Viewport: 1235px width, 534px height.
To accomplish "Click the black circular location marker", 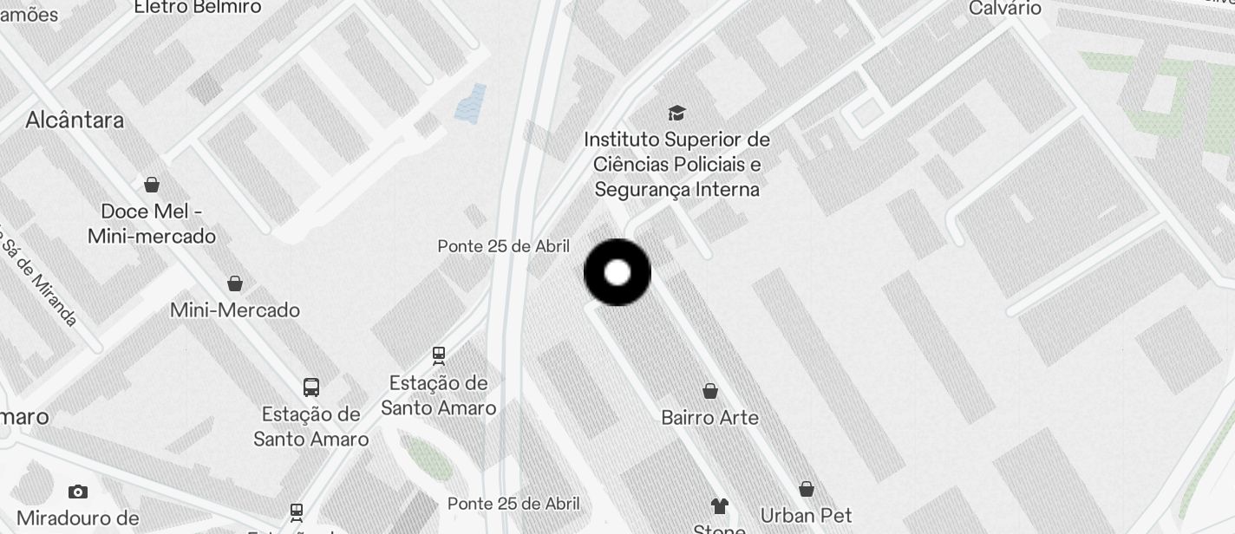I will [x=617, y=273].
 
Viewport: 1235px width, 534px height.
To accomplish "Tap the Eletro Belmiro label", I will [x=198, y=7].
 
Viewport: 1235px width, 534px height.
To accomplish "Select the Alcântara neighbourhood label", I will [x=75, y=120].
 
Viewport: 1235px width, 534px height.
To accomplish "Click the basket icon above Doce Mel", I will [x=152, y=185].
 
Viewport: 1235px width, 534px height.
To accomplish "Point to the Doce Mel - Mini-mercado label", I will [x=152, y=224].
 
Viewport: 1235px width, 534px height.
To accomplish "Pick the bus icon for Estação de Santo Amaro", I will [x=311, y=387].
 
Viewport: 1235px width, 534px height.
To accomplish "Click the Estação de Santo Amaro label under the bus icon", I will [x=311, y=427].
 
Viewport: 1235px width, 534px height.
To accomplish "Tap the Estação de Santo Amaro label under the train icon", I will [x=439, y=395].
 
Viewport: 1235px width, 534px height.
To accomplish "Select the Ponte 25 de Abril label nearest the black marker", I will [x=504, y=246].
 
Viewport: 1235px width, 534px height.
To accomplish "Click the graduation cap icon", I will [x=676, y=113].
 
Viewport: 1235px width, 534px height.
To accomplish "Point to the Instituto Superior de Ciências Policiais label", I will [x=676, y=164].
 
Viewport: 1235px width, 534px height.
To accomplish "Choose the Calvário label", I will [x=1005, y=8].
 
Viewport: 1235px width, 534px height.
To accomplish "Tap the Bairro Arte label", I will [x=710, y=418].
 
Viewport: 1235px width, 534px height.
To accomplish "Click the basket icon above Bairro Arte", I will [x=710, y=392].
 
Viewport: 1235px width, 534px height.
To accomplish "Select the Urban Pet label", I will [x=807, y=516].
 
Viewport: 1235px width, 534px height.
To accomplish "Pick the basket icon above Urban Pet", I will [x=807, y=490].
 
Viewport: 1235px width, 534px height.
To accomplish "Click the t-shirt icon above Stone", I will [x=719, y=505].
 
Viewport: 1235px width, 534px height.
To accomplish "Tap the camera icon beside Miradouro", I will [x=78, y=492].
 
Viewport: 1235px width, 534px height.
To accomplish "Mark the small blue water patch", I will [x=470, y=104].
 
